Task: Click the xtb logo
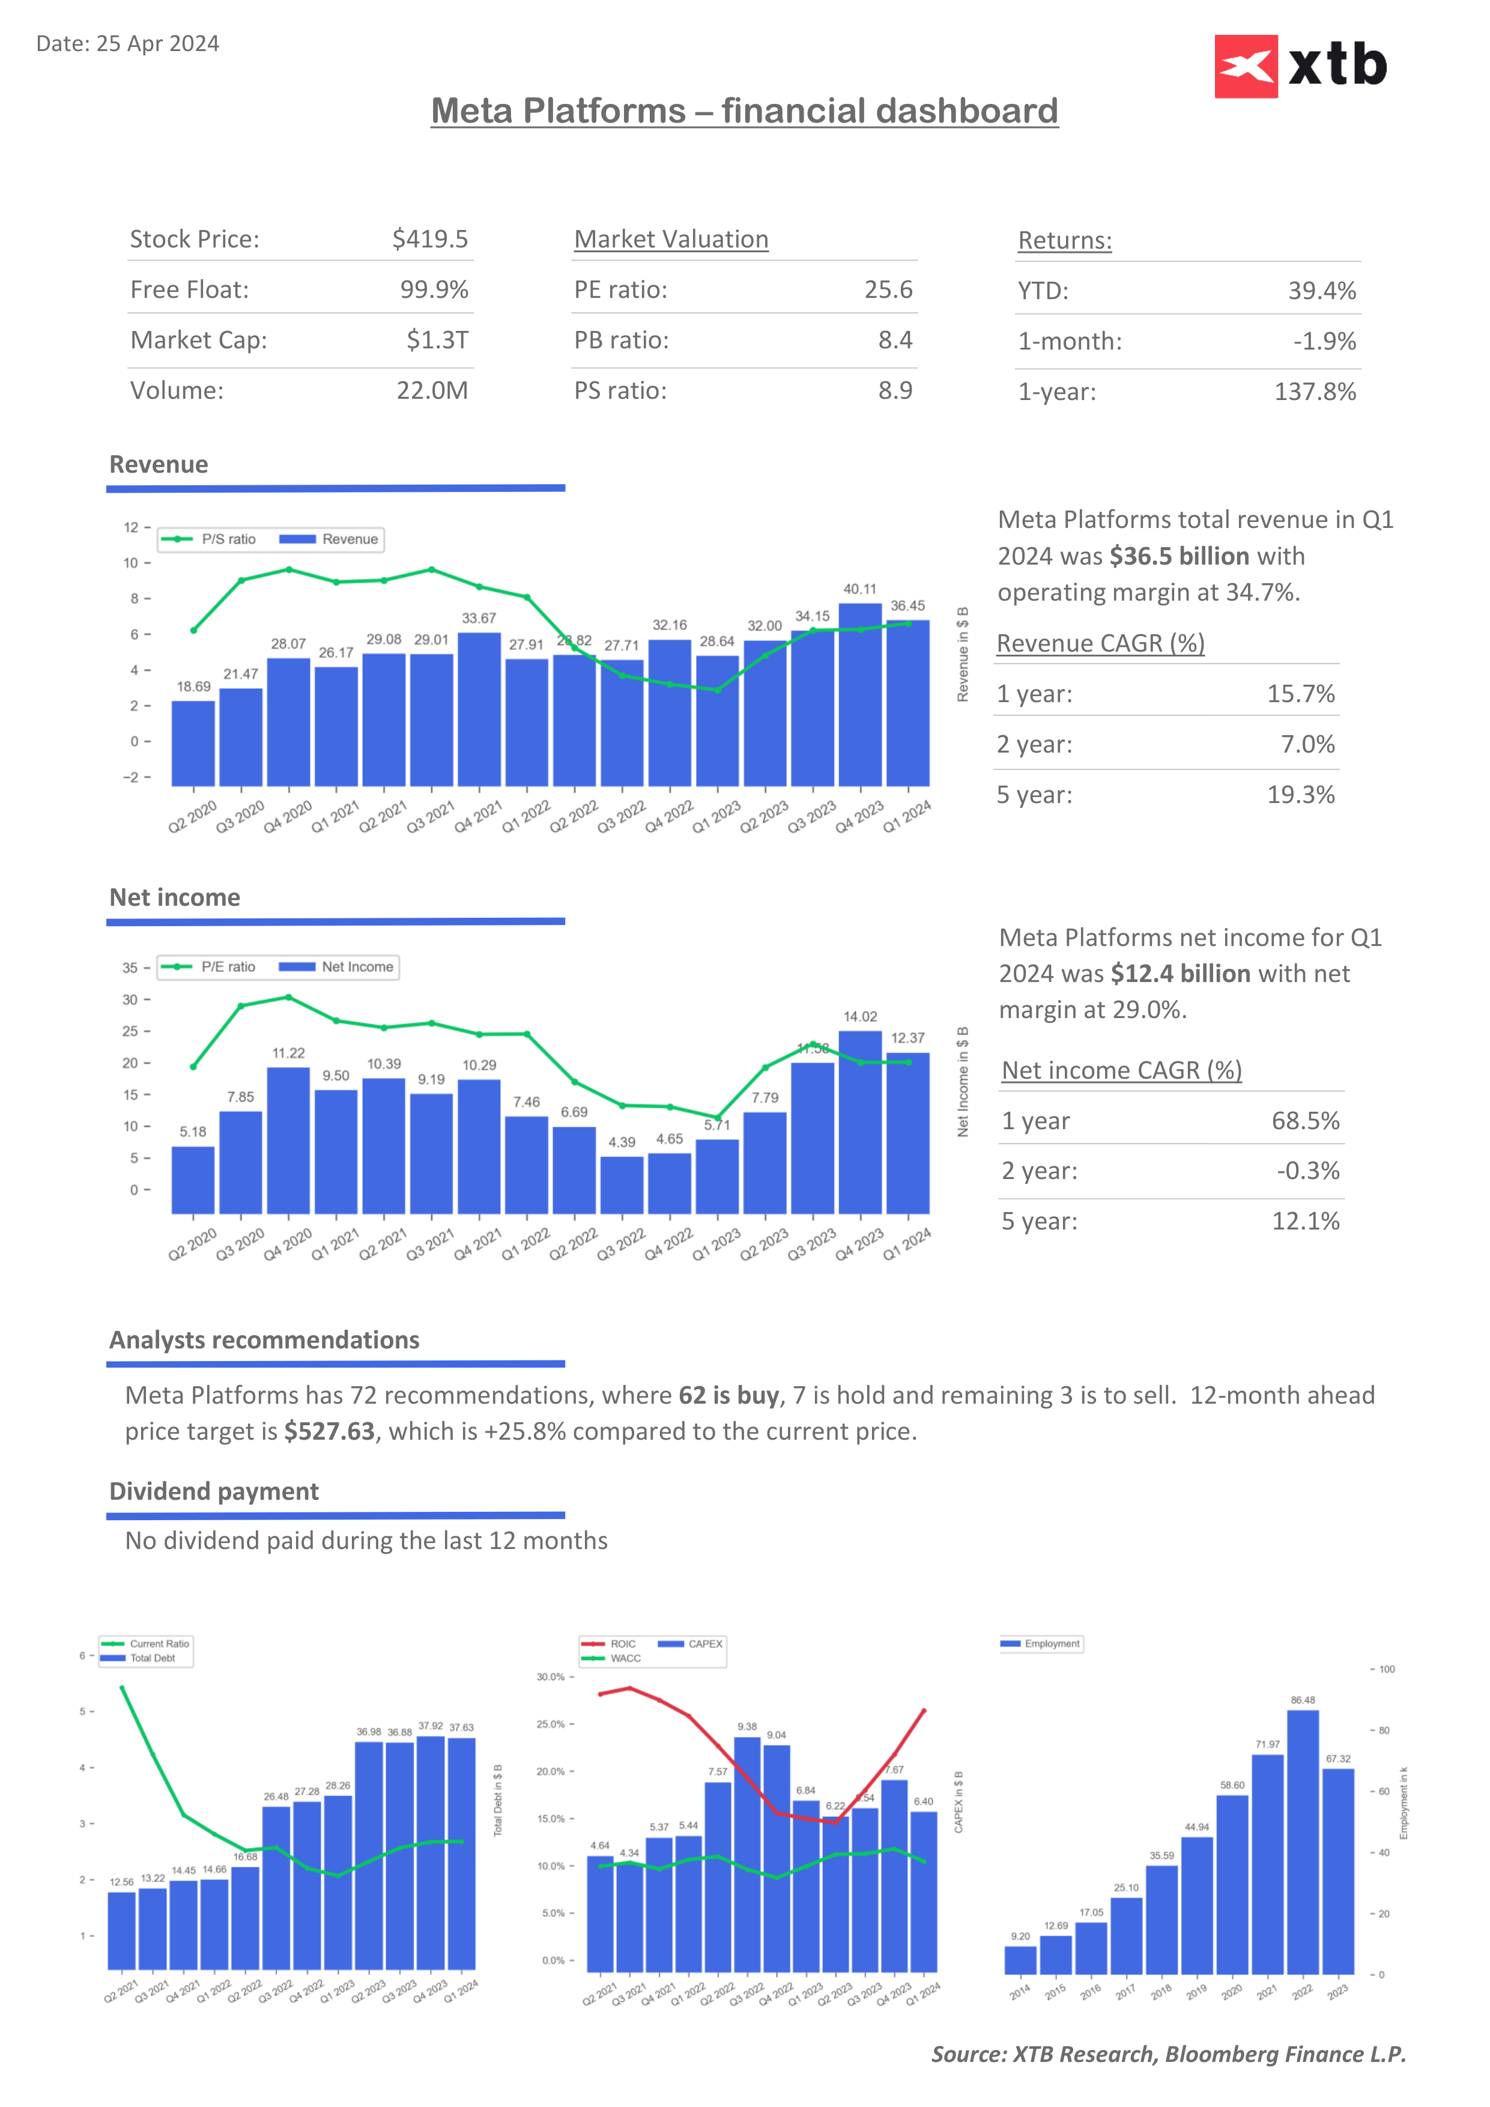click(1300, 66)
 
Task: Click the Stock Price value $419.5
click(429, 240)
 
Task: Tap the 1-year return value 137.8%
click(1314, 392)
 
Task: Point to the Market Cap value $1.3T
click(437, 341)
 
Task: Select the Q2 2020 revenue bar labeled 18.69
click(193, 744)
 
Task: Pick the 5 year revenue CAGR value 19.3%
click(1300, 795)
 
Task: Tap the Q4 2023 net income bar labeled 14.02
click(859, 1121)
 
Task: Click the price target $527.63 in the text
click(329, 1431)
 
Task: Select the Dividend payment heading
click(214, 1491)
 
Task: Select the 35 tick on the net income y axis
click(130, 968)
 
